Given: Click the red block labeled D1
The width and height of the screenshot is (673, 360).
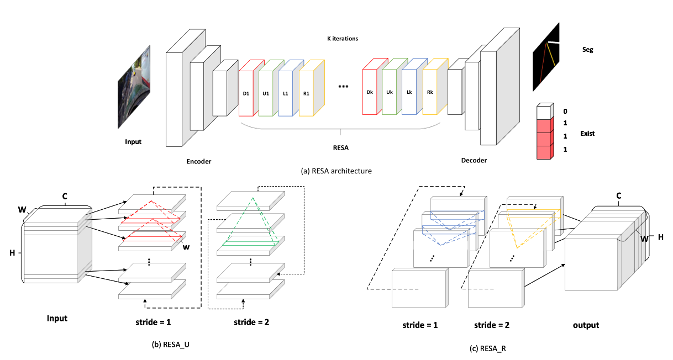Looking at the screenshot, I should click(x=246, y=93).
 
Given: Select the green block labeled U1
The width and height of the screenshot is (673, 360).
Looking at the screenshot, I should click(x=266, y=93).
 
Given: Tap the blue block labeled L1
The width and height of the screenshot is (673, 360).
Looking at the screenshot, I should click(x=286, y=93).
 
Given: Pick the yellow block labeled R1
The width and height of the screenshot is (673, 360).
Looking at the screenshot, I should click(x=307, y=93).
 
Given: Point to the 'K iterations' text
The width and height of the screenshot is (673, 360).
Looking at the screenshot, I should click(x=343, y=39).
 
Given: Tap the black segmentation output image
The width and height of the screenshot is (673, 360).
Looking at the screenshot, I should click(x=546, y=56).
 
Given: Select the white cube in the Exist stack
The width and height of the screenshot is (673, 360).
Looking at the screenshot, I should click(x=545, y=112).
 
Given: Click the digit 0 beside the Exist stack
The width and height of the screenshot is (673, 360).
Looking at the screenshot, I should click(x=564, y=111).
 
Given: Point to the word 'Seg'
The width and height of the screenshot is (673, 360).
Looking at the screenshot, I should click(x=588, y=50).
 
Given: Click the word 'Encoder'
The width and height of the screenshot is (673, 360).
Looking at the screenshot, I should click(x=199, y=162).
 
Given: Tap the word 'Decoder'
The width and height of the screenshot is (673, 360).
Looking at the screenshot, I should click(x=475, y=161).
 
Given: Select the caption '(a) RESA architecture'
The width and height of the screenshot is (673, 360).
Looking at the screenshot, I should click(x=336, y=171).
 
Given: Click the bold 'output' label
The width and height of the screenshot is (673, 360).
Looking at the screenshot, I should click(x=586, y=325).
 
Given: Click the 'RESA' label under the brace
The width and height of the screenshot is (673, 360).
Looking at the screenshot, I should click(x=340, y=147).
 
